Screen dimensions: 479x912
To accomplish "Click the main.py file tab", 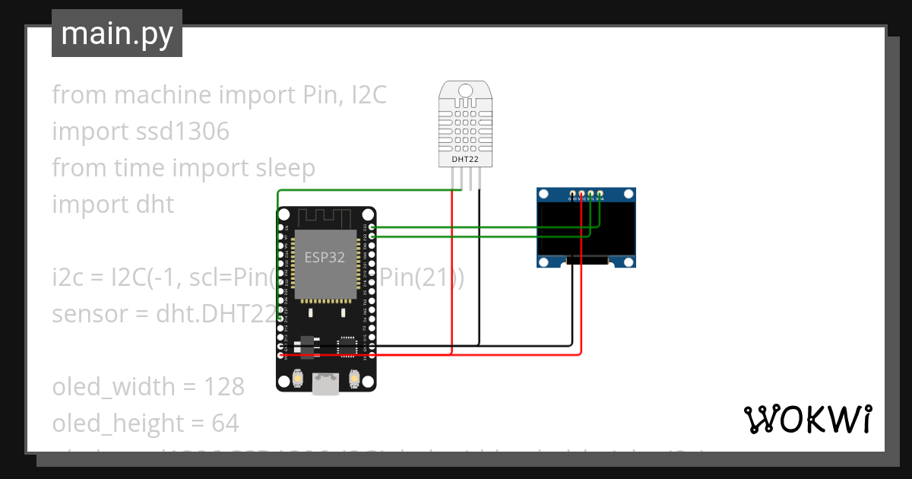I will point(117,33).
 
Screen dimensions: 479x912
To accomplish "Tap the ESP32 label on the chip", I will point(325,257).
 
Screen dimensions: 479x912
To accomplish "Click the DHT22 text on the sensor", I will point(465,159).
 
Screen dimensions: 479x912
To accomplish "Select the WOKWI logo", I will point(807,419).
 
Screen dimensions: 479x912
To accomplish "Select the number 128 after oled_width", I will point(223,387).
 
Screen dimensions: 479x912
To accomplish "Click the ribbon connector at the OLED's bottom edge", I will point(587,261).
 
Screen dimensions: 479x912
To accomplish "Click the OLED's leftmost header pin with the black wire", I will point(572,195).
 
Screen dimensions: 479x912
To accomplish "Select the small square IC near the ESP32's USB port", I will point(347,346).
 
